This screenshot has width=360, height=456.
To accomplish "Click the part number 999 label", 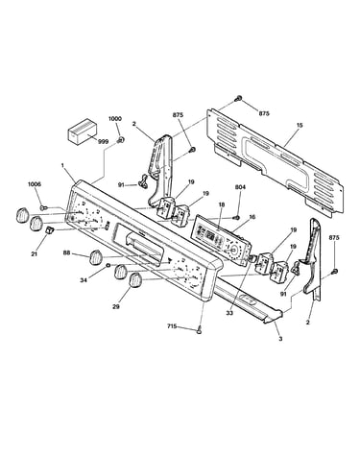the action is click(103, 141).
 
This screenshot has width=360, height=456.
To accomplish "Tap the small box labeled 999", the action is click(82, 132).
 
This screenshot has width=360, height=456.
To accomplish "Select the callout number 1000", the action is click(115, 119).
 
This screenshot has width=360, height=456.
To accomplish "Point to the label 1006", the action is click(35, 184).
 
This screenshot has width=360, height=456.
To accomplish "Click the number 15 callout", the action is click(300, 125).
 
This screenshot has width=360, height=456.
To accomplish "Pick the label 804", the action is click(240, 187).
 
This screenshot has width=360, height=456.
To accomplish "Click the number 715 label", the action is click(172, 326).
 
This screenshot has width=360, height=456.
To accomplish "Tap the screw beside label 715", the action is click(200, 330).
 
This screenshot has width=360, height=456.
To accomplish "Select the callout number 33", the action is click(229, 313).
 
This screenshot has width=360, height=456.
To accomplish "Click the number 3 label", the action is click(280, 339).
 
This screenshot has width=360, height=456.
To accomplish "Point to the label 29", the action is click(116, 306).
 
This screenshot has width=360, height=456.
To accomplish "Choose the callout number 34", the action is click(84, 280).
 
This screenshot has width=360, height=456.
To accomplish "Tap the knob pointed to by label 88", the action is click(96, 257).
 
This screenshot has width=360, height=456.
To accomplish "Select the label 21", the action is click(34, 254).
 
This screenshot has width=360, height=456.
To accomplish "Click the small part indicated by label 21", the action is click(49, 229).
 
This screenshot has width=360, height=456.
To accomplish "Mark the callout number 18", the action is click(222, 204).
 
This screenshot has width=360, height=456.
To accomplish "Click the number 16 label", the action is click(252, 217).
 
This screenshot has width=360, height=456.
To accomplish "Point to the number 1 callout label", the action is click(62, 165).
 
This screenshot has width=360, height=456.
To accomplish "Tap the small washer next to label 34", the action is click(108, 265).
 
